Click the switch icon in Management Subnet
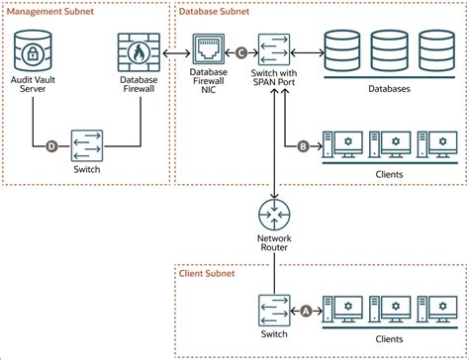click(87, 148)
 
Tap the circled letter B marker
click(305, 148)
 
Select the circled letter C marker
click(241, 50)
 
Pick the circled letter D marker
click(51, 148)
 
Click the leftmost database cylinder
click(341, 50)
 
